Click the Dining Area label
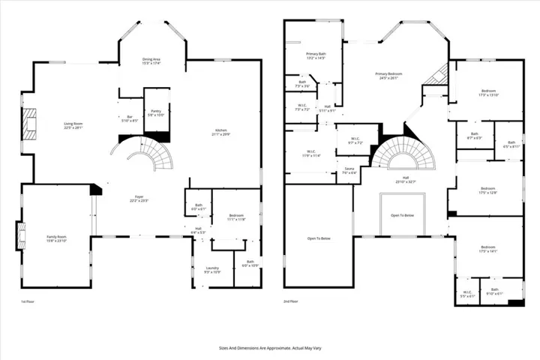(x=152, y=62)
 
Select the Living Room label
(x=73, y=125)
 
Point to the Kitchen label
(x=220, y=131)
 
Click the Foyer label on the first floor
(x=139, y=199)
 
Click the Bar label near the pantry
(x=129, y=118)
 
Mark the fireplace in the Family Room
(x=19, y=238)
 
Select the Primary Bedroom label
(x=391, y=75)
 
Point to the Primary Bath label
(x=314, y=55)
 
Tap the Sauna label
(x=349, y=171)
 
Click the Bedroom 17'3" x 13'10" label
(x=487, y=92)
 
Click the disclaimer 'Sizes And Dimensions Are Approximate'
(x=270, y=348)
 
